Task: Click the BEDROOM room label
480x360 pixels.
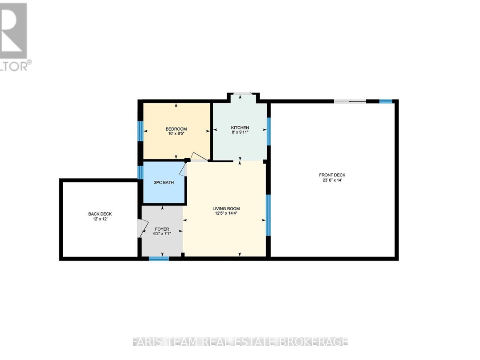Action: pyautogui.click(x=176, y=129)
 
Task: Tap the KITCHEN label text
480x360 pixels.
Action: pyautogui.click(x=240, y=128)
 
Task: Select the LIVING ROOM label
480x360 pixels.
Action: pyautogui.click(x=226, y=208)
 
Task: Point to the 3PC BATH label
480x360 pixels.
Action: pyautogui.click(x=164, y=182)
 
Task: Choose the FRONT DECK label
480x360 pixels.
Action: pyautogui.click(x=332, y=175)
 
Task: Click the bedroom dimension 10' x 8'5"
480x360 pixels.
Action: pyautogui.click(x=176, y=134)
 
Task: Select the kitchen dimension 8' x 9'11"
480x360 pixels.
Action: pyautogui.click(x=240, y=132)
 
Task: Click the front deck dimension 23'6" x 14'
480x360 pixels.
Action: pyautogui.click(x=332, y=180)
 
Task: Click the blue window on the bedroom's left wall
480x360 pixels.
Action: pyautogui.click(x=140, y=131)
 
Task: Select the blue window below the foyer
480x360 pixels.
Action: pyautogui.click(x=159, y=258)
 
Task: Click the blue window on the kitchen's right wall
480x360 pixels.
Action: pyautogui.click(x=268, y=131)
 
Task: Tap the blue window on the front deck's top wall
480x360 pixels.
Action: pyautogui.click(x=386, y=101)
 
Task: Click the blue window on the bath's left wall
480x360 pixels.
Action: pyautogui.click(x=140, y=172)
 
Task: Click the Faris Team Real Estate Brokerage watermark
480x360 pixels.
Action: pyautogui.click(x=240, y=342)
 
